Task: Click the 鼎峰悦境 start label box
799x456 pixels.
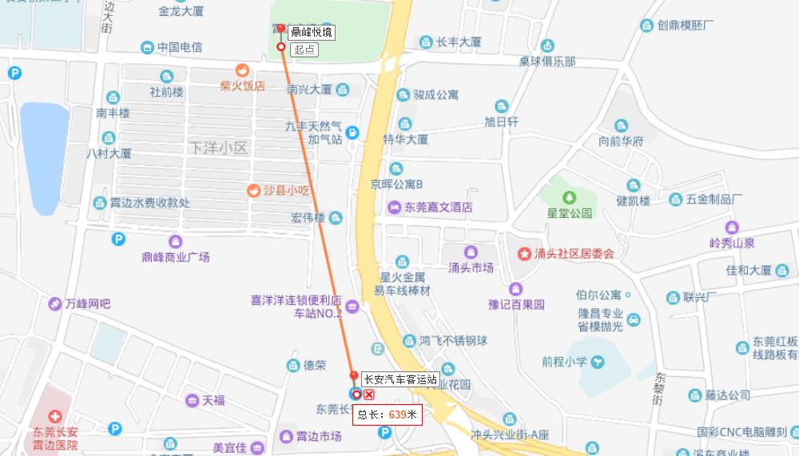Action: (x=311, y=33)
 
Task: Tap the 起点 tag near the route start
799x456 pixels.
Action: (x=304, y=50)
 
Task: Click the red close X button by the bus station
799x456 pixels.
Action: (x=369, y=395)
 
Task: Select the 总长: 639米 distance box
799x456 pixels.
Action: (x=388, y=414)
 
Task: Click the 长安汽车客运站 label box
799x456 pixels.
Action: (x=399, y=379)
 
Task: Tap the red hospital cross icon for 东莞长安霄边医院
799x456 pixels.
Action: (x=54, y=416)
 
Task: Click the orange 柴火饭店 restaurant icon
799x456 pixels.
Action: (x=242, y=69)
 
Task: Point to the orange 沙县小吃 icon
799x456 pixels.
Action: (x=253, y=190)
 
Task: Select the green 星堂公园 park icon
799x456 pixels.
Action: (x=569, y=196)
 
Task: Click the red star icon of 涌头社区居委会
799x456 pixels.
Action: (x=524, y=254)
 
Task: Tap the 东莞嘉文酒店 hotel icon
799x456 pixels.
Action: (x=394, y=207)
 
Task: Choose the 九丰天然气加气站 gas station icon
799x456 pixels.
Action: (x=352, y=133)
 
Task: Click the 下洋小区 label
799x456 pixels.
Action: (x=221, y=148)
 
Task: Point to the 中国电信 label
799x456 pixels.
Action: (x=179, y=48)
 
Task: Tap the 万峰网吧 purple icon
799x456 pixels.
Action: (x=54, y=303)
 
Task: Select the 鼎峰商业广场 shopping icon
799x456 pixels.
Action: (x=175, y=241)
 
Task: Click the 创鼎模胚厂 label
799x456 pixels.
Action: (x=685, y=26)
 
